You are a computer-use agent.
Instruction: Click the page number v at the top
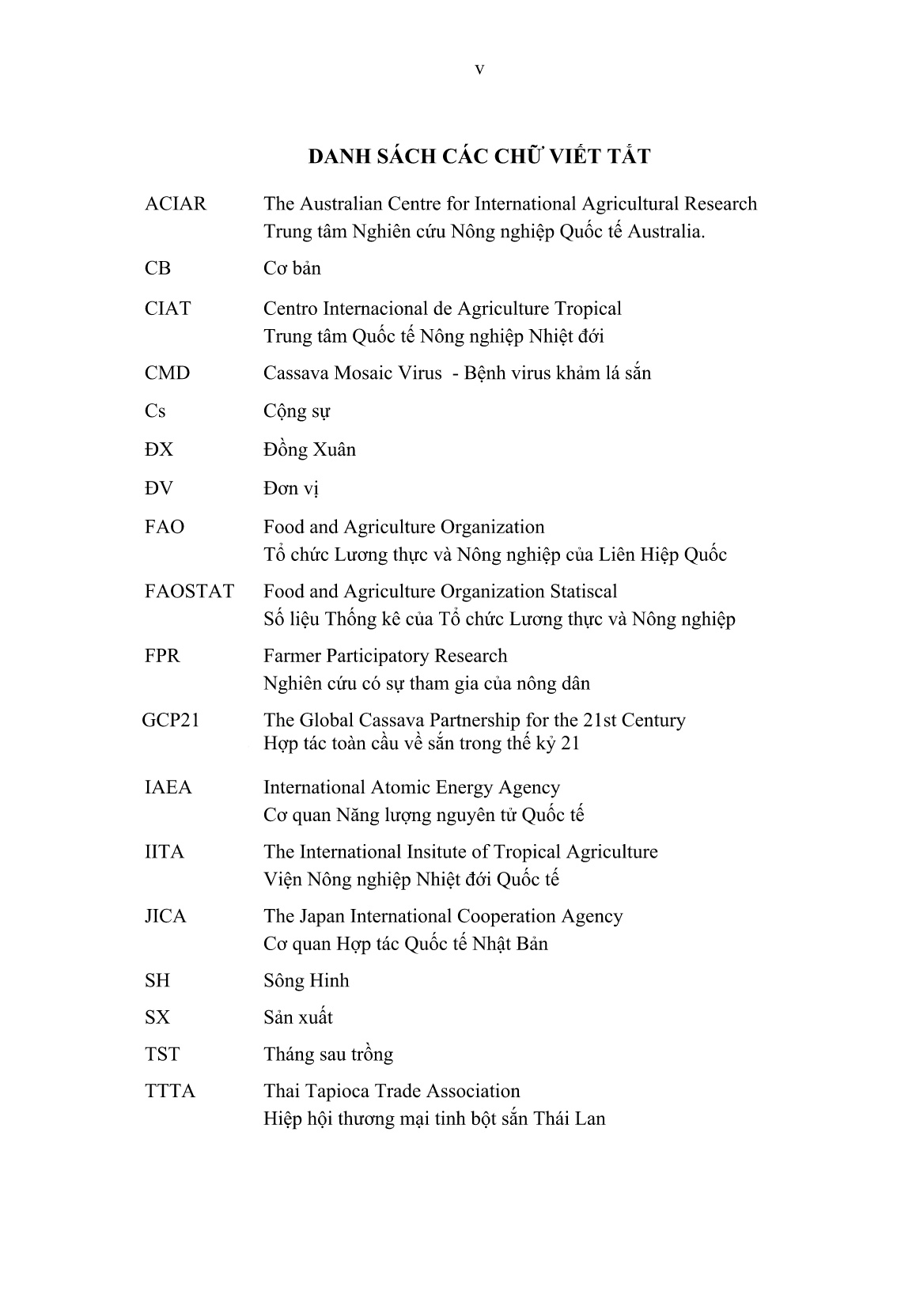(x=479, y=70)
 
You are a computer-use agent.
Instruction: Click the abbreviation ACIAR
(x=176, y=204)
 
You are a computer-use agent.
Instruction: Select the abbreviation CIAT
(x=168, y=309)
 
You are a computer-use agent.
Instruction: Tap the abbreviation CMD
(x=168, y=373)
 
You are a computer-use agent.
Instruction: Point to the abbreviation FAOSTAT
(x=190, y=592)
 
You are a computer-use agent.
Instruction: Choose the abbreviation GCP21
(x=171, y=721)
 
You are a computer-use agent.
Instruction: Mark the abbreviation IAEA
(x=168, y=788)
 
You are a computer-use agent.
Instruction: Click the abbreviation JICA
(x=166, y=917)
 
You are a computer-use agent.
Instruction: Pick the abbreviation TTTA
(x=170, y=1092)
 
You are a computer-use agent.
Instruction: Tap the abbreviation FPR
(x=162, y=657)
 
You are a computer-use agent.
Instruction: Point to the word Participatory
(x=379, y=657)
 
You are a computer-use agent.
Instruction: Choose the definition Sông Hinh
(x=306, y=981)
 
